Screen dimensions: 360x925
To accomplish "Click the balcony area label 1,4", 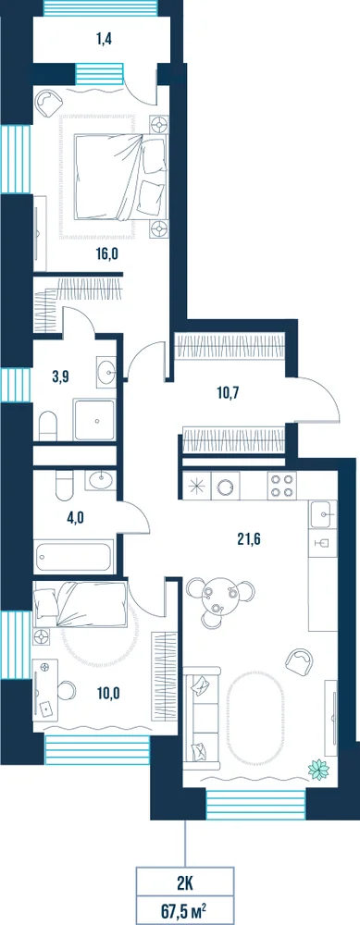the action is point(104,40).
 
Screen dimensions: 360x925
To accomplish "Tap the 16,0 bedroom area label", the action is point(108,254).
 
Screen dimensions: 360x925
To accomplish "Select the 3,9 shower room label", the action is point(61,377).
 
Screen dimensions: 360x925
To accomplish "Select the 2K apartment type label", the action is point(185,883).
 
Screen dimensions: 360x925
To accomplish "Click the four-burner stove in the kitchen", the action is point(281,486).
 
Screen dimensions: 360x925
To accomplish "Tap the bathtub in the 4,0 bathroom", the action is point(74,556).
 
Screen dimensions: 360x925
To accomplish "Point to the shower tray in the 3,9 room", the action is point(93,419).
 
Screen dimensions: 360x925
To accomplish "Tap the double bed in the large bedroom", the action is point(120,177).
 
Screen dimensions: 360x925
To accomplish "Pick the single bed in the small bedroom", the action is point(81,602).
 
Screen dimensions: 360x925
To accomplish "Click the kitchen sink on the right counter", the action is point(323,514).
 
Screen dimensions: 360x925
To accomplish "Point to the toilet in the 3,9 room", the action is point(48,425).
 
